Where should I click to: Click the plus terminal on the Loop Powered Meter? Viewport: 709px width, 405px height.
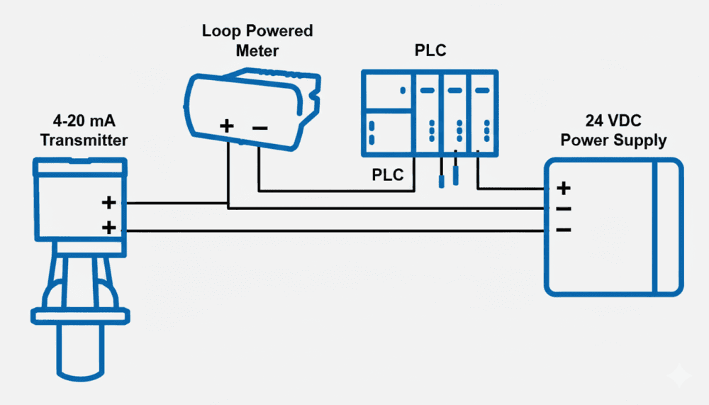226,127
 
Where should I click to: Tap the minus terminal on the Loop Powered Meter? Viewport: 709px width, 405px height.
259,128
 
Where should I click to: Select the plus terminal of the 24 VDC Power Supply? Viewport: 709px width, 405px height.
564,188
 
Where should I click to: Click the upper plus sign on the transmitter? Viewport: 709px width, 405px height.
108,203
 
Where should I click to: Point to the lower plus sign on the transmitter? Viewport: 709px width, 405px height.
108,228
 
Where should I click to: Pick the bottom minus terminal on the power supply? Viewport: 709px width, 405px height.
564,230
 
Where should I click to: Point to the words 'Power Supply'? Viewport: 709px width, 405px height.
613,140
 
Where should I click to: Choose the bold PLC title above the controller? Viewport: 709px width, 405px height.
430,52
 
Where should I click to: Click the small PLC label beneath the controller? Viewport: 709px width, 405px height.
388,174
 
